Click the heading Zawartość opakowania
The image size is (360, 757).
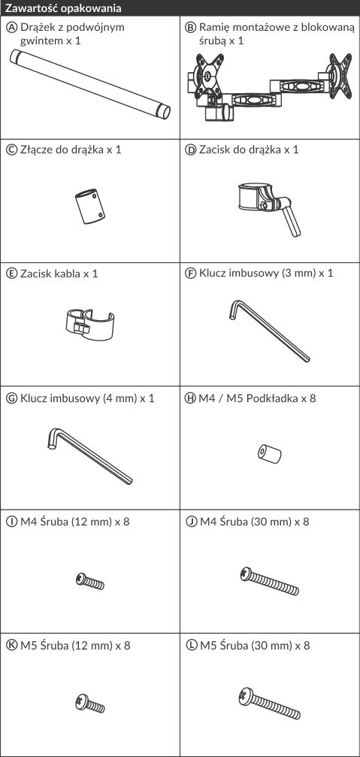(x=63, y=8)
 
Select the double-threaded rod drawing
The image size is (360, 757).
(x=90, y=84)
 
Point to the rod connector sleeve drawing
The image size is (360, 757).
(x=90, y=207)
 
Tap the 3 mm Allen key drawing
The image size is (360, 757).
(x=269, y=331)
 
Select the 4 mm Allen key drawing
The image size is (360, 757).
(x=89, y=456)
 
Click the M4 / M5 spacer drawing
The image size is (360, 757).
(x=269, y=454)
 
